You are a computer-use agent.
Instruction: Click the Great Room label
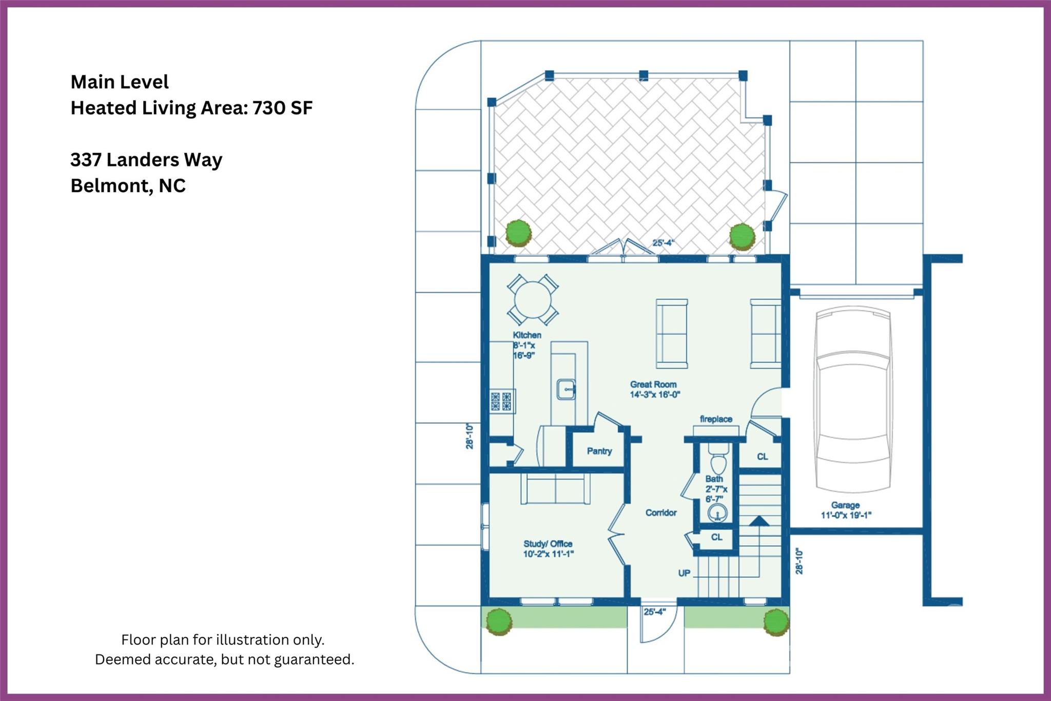point(653,384)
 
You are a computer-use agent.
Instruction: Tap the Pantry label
point(599,451)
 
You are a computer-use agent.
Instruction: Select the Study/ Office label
point(548,544)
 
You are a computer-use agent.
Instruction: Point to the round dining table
point(533,300)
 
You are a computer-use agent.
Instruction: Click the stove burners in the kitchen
point(501,401)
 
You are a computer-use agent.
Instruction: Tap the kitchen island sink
point(566,389)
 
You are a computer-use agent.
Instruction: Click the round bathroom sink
point(717,513)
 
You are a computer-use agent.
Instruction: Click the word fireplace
point(716,419)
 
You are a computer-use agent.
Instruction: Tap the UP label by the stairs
point(684,573)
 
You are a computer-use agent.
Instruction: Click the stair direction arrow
point(759,521)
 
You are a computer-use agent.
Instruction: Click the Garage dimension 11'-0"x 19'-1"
point(846,515)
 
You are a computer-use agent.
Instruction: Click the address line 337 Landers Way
point(146,160)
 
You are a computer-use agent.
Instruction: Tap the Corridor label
point(661,513)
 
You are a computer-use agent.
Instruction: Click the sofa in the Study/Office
point(555,488)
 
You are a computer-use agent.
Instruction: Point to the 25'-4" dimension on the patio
point(663,243)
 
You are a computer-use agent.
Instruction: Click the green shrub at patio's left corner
point(518,233)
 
